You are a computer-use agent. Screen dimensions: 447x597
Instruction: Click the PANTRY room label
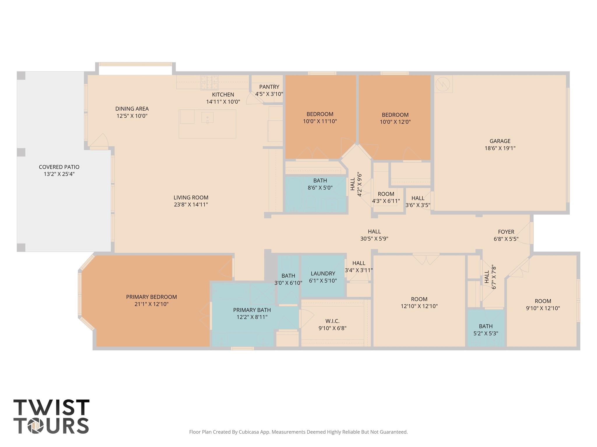pyautogui.click(x=269, y=87)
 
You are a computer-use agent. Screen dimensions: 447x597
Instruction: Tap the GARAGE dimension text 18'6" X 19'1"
pyautogui.click(x=500, y=148)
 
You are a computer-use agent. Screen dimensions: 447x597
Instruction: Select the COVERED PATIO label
pyautogui.click(x=59, y=167)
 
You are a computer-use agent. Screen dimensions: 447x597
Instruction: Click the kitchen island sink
pyautogui.click(x=207, y=118)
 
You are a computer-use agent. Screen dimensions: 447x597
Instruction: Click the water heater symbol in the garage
pyautogui.click(x=443, y=84)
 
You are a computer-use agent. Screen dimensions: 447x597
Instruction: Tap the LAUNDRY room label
pyautogui.click(x=323, y=274)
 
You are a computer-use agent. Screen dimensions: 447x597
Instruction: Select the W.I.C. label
pyautogui.click(x=332, y=321)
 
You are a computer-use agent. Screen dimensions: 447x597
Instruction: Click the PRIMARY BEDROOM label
pyautogui.click(x=151, y=297)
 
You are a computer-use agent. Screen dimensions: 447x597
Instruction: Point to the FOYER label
pyautogui.click(x=506, y=232)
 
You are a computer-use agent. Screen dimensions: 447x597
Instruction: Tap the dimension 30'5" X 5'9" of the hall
pyautogui.click(x=374, y=239)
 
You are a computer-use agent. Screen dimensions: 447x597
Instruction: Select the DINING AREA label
pyautogui.click(x=132, y=109)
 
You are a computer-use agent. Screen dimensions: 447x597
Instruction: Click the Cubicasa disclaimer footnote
pyautogui.click(x=298, y=432)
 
